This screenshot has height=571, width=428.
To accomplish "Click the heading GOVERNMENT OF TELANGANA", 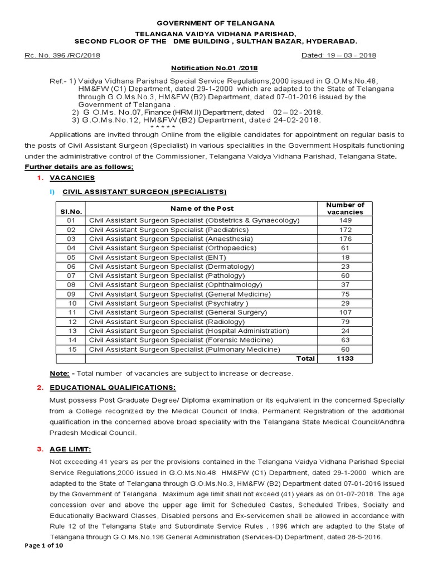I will tap(215, 23).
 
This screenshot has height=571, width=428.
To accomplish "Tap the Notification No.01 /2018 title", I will tap(214, 67).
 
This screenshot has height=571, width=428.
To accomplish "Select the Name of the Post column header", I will tap(202, 208).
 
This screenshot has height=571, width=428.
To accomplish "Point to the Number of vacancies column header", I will tap(344, 209).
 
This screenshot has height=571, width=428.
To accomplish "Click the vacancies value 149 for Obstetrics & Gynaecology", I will tap(344, 220).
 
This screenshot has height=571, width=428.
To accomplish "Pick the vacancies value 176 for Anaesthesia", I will tap(344, 239).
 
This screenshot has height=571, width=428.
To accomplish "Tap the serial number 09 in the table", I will tap(71, 294).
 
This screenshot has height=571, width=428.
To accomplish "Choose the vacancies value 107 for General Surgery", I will tap(344, 312).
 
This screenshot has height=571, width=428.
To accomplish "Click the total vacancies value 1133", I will tap(344, 359).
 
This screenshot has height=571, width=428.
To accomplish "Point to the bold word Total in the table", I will tap(305, 359).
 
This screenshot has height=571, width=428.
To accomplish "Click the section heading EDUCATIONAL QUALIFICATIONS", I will tap(113, 388).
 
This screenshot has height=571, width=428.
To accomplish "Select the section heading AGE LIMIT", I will tap(71, 449).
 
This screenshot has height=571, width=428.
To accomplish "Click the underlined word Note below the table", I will tap(59, 373).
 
